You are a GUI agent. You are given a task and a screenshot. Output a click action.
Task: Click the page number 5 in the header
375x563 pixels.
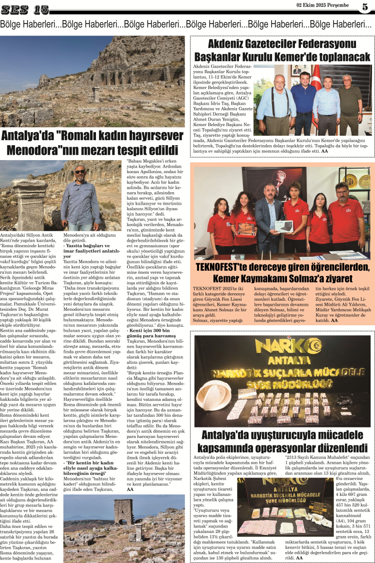(365, 7)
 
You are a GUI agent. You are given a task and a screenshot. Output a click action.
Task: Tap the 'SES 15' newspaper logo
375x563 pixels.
(24, 9)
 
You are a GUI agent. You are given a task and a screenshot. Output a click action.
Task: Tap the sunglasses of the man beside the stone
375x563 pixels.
(80, 172)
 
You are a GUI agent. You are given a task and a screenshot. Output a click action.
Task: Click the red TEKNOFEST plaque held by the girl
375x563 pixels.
(245, 228)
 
